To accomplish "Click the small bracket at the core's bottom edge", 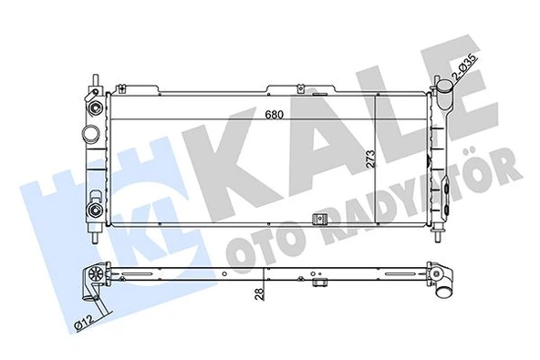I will (318, 221).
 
